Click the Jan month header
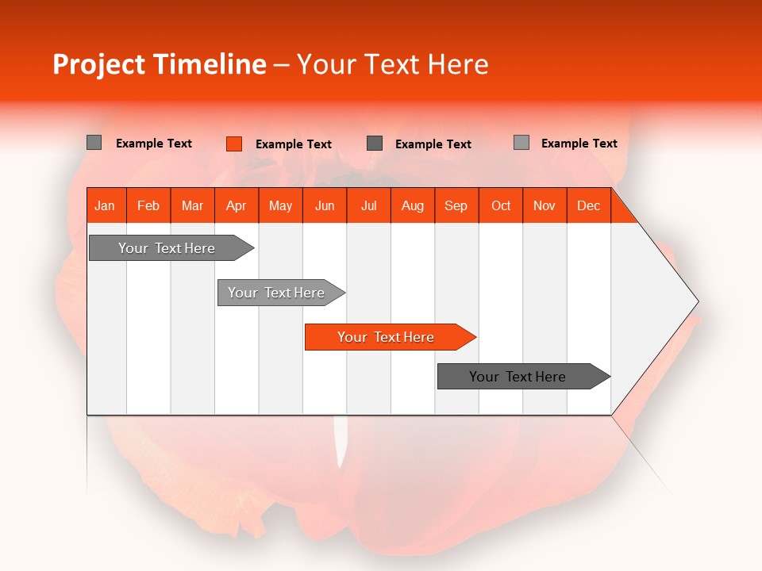(x=106, y=205)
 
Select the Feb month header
(x=148, y=205)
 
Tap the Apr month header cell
(x=237, y=205)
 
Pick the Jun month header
(x=325, y=205)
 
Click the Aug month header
(x=413, y=205)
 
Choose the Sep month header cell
(x=456, y=205)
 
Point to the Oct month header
(x=501, y=205)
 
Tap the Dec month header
(x=589, y=205)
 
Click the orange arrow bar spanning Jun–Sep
(x=387, y=337)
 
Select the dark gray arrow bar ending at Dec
(x=518, y=377)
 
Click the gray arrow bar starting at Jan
(x=167, y=248)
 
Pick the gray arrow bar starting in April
(x=277, y=293)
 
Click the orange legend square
(x=233, y=144)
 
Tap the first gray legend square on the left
(x=94, y=143)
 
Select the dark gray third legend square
(x=375, y=143)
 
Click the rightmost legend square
(x=521, y=143)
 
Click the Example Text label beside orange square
(x=294, y=144)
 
